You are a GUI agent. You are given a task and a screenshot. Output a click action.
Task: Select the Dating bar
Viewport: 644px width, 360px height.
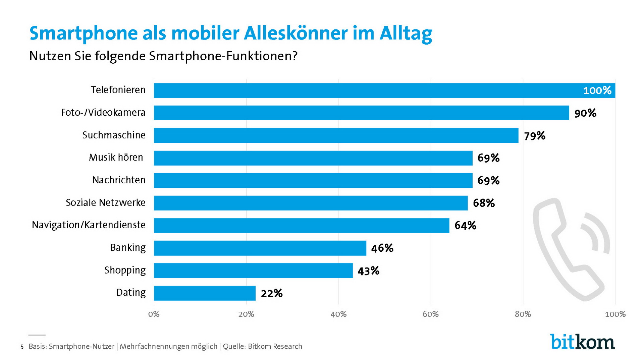click(205, 293)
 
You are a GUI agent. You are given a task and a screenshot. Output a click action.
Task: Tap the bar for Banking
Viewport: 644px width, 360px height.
click(260, 248)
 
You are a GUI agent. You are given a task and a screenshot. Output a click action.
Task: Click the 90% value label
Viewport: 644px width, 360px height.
click(585, 113)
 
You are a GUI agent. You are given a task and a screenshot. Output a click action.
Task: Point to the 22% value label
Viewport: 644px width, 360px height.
click(272, 294)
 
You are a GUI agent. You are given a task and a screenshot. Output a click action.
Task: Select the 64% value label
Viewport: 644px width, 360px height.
click(465, 226)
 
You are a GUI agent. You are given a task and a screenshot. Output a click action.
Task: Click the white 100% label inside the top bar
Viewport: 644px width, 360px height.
click(597, 91)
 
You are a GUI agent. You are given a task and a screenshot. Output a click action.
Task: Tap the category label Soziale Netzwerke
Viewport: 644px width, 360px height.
click(106, 203)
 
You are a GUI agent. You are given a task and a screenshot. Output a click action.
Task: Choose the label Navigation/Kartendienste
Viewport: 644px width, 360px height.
click(89, 225)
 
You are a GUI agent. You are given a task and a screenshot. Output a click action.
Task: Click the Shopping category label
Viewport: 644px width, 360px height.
click(125, 270)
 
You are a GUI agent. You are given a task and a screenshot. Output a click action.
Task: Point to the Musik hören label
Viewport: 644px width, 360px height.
click(116, 158)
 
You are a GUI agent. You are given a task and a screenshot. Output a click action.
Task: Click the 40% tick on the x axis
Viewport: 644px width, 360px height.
click(338, 314)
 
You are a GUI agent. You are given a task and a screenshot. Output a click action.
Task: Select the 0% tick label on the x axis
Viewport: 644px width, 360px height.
click(154, 314)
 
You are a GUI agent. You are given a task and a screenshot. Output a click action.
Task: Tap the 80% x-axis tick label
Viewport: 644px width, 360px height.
click(523, 314)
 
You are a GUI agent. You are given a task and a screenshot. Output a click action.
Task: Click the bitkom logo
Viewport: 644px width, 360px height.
click(582, 342)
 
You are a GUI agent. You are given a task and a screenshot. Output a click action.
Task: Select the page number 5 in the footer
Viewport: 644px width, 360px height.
click(22, 347)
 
